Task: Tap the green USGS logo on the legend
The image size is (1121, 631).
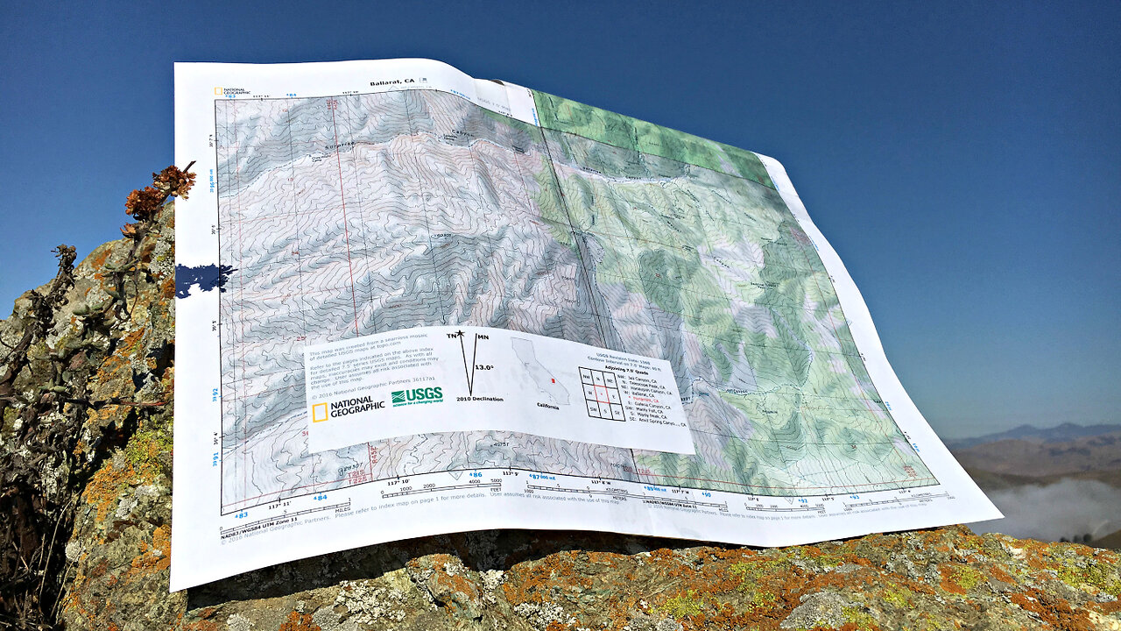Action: click(x=417, y=395)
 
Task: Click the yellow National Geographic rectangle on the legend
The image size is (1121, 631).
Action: click(x=320, y=412)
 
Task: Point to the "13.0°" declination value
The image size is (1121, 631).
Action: click(x=483, y=368)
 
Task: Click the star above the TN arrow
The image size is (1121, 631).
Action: click(x=460, y=333)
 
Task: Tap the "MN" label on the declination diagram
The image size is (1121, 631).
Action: click(x=483, y=337)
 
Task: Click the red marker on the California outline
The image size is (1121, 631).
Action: click(x=552, y=381)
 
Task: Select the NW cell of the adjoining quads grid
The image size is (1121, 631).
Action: click(x=588, y=376)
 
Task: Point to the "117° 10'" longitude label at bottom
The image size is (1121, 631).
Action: click(x=398, y=482)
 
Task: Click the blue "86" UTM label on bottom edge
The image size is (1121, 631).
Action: click(x=476, y=475)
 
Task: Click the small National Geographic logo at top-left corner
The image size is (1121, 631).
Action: click(x=232, y=90)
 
